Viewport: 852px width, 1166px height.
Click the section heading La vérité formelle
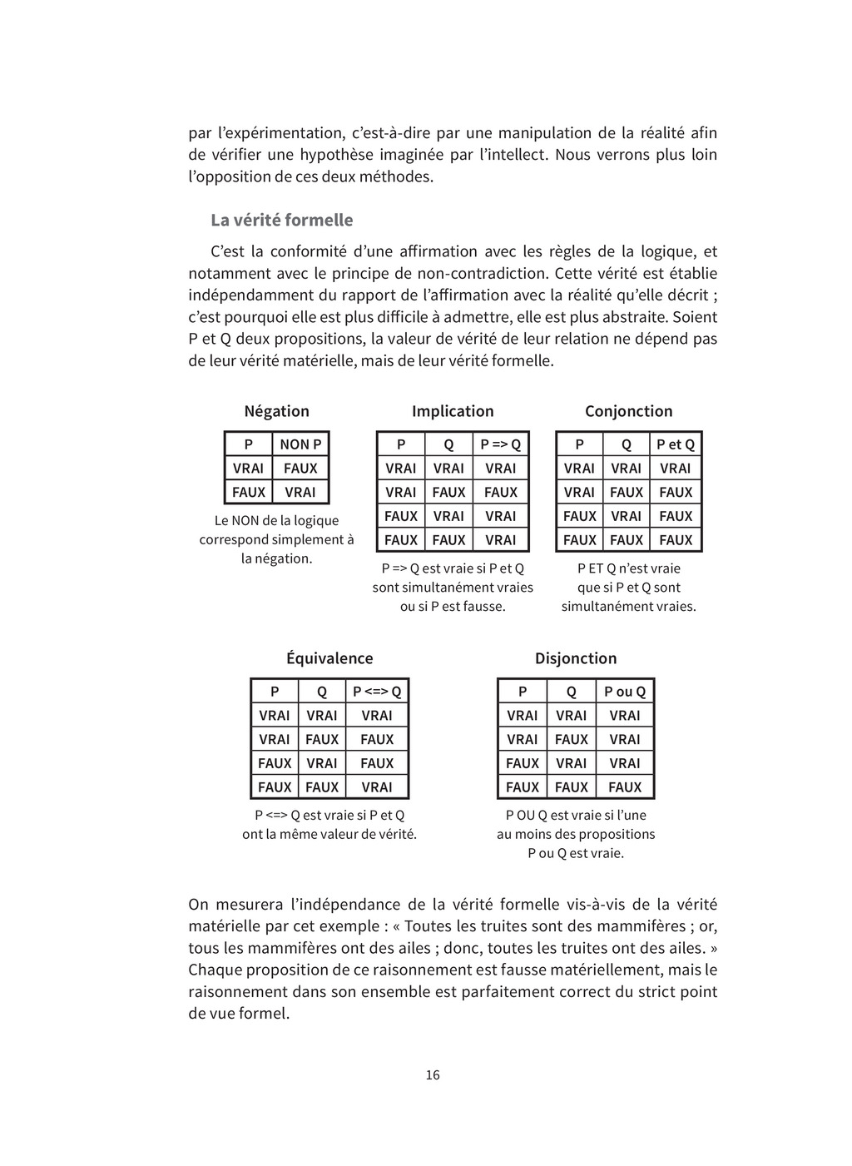(281, 221)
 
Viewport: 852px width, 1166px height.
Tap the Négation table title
(276, 411)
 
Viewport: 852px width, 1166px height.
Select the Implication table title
(453, 411)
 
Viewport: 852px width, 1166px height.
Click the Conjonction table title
(628, 411)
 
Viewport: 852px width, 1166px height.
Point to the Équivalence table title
(329, 658)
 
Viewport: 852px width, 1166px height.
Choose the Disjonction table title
(576, 658)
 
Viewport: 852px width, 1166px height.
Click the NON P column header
(300, 444)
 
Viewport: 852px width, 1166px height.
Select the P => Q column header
(500, 444)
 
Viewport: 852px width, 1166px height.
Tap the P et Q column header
(675, 444)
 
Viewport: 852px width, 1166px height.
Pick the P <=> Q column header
(377, 692)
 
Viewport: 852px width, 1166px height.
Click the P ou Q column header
(625, 692)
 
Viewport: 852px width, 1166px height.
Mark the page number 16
(433, 1074)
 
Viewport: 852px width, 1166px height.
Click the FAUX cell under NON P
(300, 469)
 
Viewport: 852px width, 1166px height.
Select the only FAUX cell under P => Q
(500, 493)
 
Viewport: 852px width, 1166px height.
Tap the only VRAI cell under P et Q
(675, 469)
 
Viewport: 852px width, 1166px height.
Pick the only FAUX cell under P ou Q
(625, 787)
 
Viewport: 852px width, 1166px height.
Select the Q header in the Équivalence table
(322, 692)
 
